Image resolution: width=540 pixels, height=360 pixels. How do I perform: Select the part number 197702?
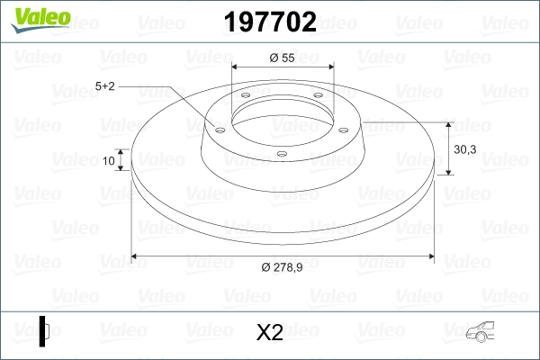269,22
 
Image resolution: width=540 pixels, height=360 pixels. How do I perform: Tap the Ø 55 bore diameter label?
283,58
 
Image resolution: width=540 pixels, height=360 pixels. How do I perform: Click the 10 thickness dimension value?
109,161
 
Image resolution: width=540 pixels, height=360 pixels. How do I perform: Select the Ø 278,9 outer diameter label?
283,266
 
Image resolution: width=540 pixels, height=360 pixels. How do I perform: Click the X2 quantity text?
269,333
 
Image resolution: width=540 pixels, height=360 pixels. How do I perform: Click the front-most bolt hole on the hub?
281,154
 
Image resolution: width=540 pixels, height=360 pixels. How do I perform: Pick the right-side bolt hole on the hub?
343,127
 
